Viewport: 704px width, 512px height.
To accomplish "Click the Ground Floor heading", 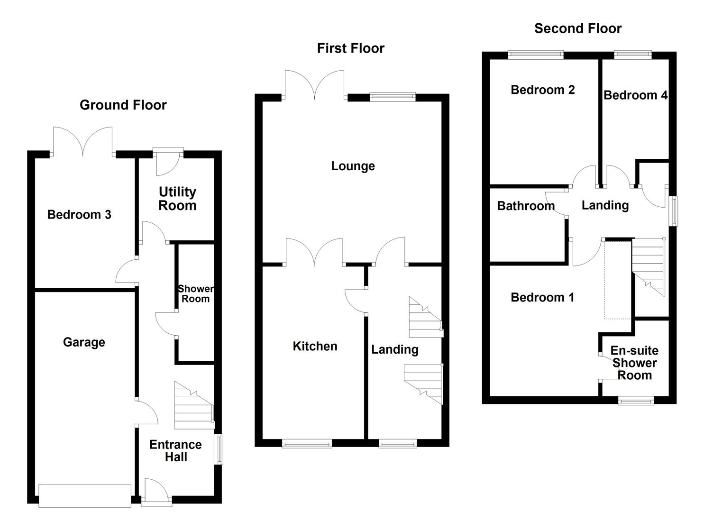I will (123, 105).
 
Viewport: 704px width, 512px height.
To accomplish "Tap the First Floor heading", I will (350, 48).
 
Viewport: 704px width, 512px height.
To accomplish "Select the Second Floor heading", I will (577, 28).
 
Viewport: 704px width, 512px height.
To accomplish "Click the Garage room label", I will (84, 342).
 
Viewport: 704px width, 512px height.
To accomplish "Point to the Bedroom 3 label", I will (79, 214).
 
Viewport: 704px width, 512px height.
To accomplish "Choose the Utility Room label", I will (177, 199).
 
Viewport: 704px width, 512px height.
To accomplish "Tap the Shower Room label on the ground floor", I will (195, 294).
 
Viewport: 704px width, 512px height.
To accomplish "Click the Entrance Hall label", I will (175, 451).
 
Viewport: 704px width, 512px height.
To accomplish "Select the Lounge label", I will (353, 166).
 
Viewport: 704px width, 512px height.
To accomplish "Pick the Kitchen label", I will (315, 346).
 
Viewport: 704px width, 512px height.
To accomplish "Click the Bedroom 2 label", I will (542, 90).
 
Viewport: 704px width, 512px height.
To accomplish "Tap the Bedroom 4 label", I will (635, 95).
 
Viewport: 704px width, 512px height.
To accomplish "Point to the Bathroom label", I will (525, 206).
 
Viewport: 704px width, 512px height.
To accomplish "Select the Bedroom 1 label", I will (542, 297).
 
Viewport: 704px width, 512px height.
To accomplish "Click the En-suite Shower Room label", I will (634, 363).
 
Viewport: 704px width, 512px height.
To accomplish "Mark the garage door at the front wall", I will (85, 495).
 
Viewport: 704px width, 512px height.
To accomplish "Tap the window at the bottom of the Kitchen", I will (307, 444).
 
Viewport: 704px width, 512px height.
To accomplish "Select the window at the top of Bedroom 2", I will (536, 55).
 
